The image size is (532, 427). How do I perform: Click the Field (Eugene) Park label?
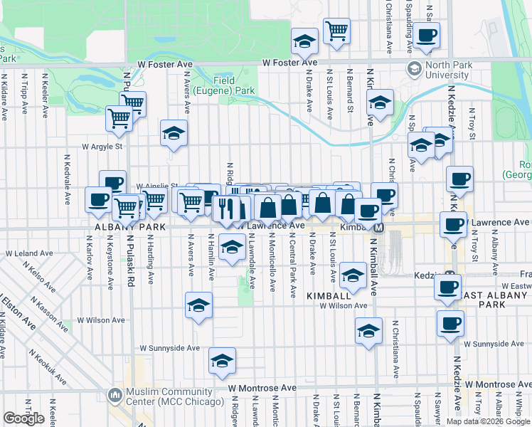[235, 86]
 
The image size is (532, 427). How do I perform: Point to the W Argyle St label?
[102, 147]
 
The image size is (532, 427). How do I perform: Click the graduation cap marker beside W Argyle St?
[174, 133]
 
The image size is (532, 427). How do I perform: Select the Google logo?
[23, 418]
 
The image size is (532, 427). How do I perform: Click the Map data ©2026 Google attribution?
[488, 421]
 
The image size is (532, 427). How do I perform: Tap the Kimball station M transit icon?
[379, 228]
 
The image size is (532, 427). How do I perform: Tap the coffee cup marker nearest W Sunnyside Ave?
[450, 323]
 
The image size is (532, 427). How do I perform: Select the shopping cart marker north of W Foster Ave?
[337, 31]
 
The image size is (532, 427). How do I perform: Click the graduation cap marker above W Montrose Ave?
[222, 362]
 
